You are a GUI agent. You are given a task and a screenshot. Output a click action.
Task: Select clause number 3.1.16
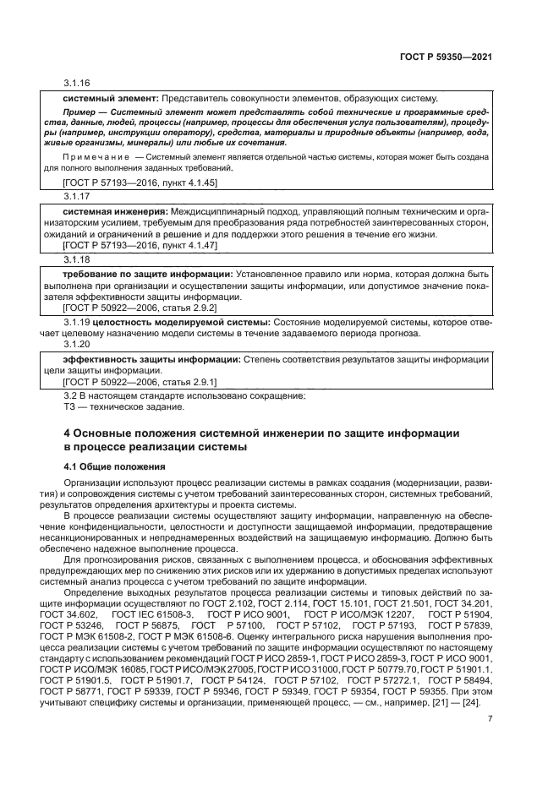pyautogui.click(x=76, y=83)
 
